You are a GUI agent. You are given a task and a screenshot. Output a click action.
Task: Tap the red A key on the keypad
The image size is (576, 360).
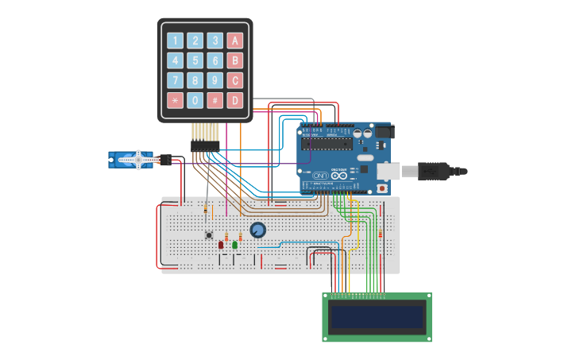234,41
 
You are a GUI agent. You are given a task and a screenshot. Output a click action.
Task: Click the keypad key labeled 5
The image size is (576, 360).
195,60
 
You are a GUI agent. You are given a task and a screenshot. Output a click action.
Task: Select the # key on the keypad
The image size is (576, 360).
215,100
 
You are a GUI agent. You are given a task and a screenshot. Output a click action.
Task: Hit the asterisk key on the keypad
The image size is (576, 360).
175,100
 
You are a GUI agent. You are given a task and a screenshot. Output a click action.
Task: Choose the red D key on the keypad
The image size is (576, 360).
234,100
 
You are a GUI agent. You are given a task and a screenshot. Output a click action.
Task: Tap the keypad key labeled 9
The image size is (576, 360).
215,80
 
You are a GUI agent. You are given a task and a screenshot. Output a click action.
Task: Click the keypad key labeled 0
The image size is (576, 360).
195,100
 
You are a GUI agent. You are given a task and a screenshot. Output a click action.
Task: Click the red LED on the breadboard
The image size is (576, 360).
221,245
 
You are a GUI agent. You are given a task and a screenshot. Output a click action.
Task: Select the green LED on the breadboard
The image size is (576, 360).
235,245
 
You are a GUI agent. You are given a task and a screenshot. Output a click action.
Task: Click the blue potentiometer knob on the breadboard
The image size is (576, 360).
257,230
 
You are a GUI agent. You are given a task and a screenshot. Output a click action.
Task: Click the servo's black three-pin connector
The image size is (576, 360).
165,160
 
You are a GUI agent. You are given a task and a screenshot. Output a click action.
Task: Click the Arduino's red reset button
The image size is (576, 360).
382,188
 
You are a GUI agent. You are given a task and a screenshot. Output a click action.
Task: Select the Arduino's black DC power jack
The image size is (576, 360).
383,132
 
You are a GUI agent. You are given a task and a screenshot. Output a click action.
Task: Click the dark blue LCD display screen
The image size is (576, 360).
377,317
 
